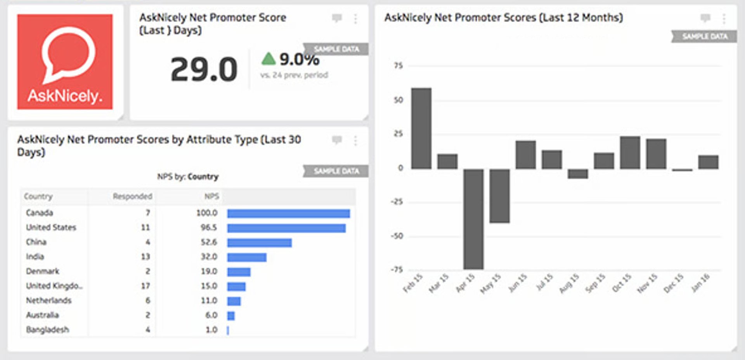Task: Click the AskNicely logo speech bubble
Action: click(x=68, y=54)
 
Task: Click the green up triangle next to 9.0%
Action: click(x=268, y=59)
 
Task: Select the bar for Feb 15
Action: click(x=421, y=128)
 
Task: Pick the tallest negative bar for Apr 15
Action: click(x=473, y=219)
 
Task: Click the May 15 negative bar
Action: click(x=499, y=196)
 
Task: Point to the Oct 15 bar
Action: click(x=630, y=152)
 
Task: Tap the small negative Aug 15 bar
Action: click(x=578, y=173)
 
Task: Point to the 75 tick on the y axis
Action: click(x=398, y=66)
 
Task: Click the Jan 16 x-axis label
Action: click(x=701, y=282)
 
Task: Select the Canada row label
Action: click(x=39, y=213)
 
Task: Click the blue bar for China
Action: click(x=259, y=242)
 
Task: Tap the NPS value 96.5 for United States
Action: click(x=208, y=227)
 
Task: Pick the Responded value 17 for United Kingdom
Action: click(x=145, y=286)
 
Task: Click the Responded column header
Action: click(x=132, y=196)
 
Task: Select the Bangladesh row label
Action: click(x=47, y=330)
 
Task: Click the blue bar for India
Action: click(x=247, y=257)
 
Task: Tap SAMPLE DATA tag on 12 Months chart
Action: click(x=704, y=36)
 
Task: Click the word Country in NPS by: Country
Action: click(x=203, y=177)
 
